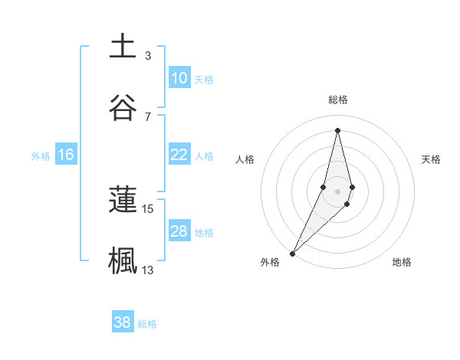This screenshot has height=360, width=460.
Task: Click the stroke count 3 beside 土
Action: (x=148, y=55)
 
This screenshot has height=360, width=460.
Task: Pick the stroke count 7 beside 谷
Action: (x=148, y=116)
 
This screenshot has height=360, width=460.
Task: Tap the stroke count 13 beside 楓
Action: (x=148, y=270)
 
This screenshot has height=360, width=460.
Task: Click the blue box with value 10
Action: (x=179, y=78)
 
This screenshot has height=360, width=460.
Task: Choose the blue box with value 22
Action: (x=179, y=155)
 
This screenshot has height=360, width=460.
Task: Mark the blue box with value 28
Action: (x=179, y=231)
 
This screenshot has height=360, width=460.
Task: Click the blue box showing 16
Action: (x=66, y=155)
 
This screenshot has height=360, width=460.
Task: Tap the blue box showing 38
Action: (x=123, y=322)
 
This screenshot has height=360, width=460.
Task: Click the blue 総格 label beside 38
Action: (x=147, y=324)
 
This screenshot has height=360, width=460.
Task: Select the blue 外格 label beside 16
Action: (x=41, y=156)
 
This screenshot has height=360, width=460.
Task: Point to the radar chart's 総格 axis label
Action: (x=337, y=100)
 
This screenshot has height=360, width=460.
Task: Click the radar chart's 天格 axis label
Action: (x=432, y=159)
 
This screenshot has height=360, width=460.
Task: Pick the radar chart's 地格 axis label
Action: (x=402, y=262)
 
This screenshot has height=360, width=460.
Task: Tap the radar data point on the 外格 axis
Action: (x=293, y=252)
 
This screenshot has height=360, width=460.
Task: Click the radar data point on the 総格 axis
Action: (x=337, y=130)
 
